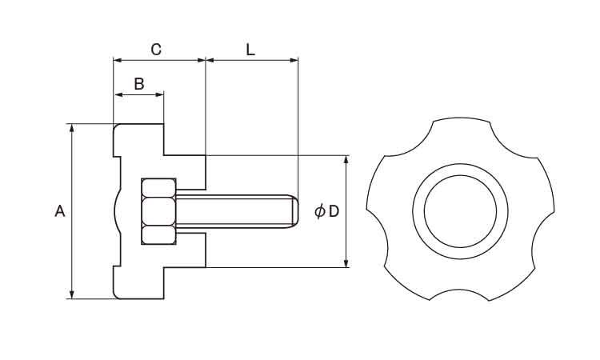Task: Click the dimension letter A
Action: point(59,211)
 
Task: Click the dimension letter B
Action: point(138,83)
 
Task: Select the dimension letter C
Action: point(157,50)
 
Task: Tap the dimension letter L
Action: point(250,50)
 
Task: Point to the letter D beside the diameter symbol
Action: point(334,211)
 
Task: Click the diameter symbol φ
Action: point(319,211)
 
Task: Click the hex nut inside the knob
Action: point(158,211)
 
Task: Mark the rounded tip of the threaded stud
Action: point(294,211)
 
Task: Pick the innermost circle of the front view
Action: point(460,211)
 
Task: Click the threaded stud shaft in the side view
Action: point(232,211)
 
